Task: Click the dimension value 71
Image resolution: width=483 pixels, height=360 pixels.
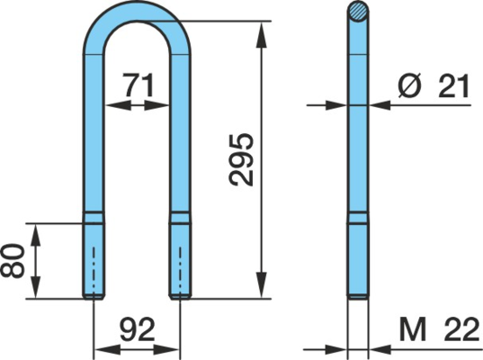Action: pos(139,85)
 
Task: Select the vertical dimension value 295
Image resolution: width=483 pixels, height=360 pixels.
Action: pos(242,159)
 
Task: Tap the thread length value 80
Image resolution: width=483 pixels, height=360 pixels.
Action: pos(12,261)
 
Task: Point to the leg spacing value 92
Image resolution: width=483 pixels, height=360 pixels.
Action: pos(137,329)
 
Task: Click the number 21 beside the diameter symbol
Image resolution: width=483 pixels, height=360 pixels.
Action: pos(454,86)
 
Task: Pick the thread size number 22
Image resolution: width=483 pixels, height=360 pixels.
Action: pos(462,329)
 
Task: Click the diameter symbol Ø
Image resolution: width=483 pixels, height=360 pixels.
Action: pos(409,85)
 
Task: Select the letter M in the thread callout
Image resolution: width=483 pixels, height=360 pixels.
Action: pos(413,330)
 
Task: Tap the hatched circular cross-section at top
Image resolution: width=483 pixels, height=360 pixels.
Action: pos(358,12)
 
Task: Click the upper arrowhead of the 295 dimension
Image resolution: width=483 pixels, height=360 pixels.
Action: pos(261,34)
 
